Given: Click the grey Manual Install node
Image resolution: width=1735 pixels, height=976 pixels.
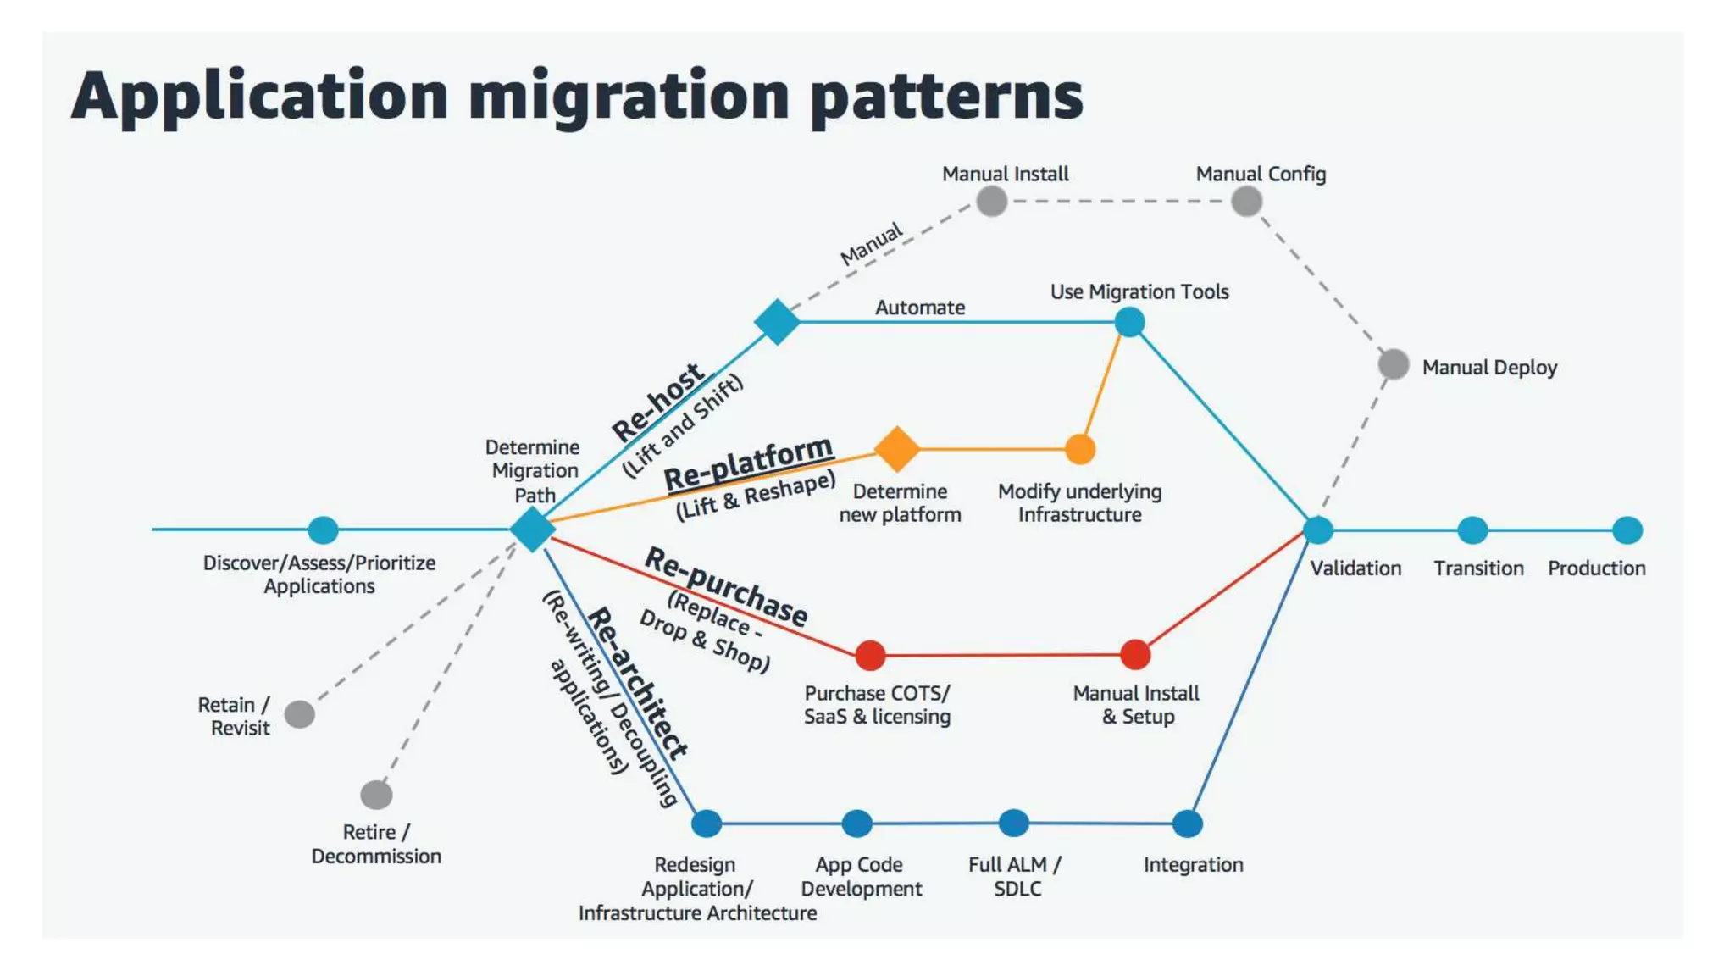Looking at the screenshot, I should tap(991, 202).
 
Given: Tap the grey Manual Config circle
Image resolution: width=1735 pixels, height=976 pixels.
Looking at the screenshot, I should tap(1246, 202).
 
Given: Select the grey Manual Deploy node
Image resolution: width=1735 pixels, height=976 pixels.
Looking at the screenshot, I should tap(1394, 364).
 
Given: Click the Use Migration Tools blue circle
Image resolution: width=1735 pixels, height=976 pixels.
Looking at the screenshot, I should tap(1129, 322).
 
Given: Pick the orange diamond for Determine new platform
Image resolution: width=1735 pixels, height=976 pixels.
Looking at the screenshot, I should tap(897, 449).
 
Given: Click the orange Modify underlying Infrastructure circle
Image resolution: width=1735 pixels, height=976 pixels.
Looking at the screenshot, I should tap(1080, 449).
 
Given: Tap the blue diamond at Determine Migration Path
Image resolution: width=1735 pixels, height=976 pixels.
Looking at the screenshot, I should tap(533, 530).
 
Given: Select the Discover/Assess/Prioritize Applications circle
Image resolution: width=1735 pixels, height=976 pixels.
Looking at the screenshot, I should tap(323, 530).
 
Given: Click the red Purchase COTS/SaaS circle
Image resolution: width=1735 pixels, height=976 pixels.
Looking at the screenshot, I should tap(870, 655).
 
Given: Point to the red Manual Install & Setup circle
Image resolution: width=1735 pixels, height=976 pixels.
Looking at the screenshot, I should tap(1135, 654).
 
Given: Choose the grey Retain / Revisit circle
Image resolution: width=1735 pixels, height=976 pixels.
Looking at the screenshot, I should tap(300, 714).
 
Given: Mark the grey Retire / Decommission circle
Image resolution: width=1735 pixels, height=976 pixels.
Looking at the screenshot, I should tap(376, 795).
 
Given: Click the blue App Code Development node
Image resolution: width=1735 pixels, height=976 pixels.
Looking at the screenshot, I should tap(857, 823).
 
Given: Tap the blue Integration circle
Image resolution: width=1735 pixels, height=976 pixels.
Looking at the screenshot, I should tap(1188, 823).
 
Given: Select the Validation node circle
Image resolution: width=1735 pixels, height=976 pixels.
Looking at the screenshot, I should tap(1317, 530).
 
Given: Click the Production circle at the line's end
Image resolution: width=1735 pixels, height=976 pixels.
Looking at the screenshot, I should tap(1627, 530).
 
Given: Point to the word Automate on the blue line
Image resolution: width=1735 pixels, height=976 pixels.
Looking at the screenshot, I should tap(920, 308).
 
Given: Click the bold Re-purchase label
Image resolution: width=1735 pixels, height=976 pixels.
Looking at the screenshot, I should tap(726, 586).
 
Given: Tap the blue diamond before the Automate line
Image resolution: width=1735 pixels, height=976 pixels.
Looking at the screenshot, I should tap(777, 322).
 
